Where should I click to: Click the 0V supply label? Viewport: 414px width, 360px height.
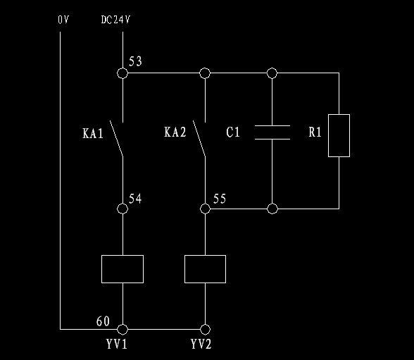tap(63, 20)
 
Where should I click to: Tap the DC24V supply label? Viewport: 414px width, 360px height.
tap(115, 20)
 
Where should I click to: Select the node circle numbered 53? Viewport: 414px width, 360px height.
tap(123, 73)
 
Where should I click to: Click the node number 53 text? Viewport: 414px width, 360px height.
tap(135, 61)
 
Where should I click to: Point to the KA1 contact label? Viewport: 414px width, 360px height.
tap(93, 133)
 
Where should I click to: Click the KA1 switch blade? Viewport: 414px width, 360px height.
tap(116, 138)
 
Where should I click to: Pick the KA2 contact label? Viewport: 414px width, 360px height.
tap(175, 132)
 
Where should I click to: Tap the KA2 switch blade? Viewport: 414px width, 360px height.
tap(199, 138)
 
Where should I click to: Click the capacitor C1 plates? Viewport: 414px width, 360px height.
tap(272, 132)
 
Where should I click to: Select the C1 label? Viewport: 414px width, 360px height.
tap(233, 132)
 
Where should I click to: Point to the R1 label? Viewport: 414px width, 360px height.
tap(315, 132)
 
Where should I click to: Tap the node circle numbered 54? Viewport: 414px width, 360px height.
tap(123, 209)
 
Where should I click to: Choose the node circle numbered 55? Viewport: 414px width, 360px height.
tap(205, 209)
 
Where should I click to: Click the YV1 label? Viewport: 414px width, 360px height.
tap(117, 345)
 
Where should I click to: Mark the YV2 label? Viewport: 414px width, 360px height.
tap(201, 345)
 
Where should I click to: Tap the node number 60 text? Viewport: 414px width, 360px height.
tap(103, 321)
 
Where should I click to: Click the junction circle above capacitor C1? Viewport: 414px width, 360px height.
tap(272, 73)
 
